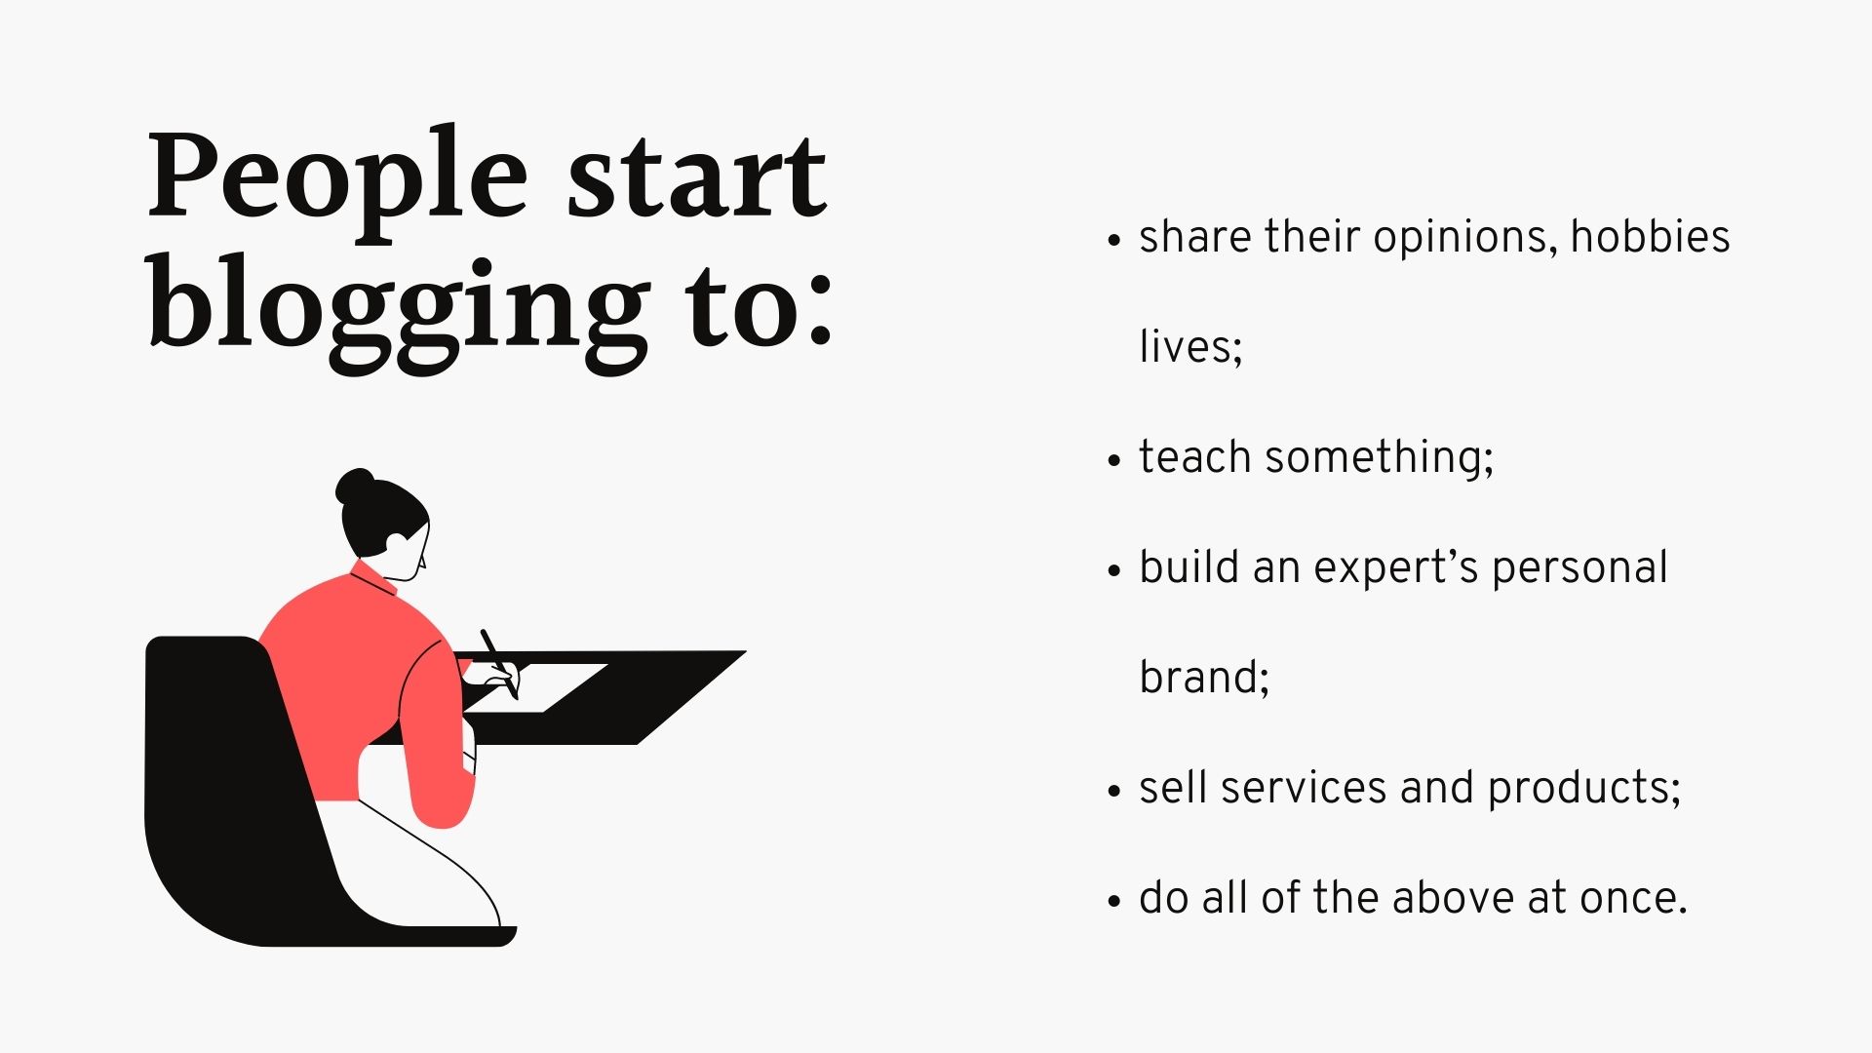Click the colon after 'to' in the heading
click(820, 307)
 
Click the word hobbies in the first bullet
click(1650, 237)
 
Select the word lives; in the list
click(1190, 347)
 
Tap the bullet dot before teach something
click(1115, 460)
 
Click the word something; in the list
click(1379, 457)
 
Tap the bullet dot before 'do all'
click(1115, 901)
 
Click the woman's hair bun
click(355, 485)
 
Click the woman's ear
click(397, 542)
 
